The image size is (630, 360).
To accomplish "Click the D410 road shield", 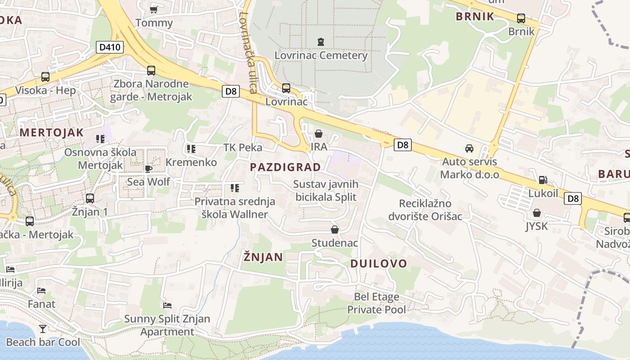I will pos(110,47).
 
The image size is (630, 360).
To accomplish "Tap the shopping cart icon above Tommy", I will pos(154,9).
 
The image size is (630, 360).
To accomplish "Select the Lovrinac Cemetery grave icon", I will pos(320,42).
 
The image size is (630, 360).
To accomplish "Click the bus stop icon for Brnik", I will pos(521,18).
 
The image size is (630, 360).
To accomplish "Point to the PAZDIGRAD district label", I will pos(285,167).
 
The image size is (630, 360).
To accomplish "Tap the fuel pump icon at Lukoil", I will pos(543,180).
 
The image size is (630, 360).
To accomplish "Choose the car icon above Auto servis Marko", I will pos(469,148).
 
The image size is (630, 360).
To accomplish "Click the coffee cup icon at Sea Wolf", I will pos(148,169).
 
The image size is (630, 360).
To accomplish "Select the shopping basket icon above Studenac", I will pos(335,229).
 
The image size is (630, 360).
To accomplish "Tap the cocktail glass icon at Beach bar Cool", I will pos(42,328).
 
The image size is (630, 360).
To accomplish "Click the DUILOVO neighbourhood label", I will pos(378,264).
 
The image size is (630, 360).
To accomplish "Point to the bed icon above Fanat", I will pos(41,290).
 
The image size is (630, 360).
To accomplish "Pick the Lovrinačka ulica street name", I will pos(248,52).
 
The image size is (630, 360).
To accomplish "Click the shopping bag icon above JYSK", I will pos(536,213).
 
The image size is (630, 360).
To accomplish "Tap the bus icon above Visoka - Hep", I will pos(45,77).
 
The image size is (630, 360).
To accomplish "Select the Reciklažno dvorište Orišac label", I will pos(431,210).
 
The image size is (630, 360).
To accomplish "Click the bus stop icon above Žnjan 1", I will pos(90,198).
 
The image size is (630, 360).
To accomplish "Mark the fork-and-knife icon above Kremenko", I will pos(191,148).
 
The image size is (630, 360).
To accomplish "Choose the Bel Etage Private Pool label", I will pos(377,303).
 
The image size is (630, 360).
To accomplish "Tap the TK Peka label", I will pos(243,148).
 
